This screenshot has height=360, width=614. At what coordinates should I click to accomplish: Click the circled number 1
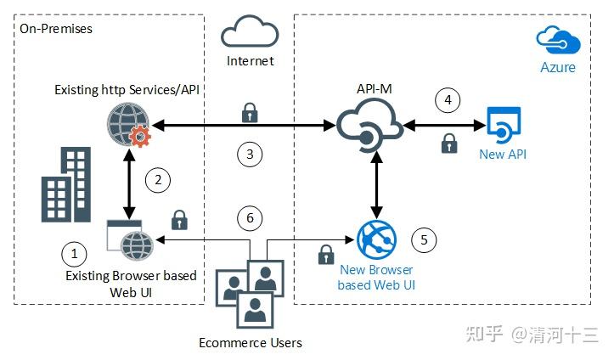pyautogui.click(x=75, y=252)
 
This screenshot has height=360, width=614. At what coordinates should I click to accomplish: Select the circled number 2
pyautogui.click(x=157, y=179)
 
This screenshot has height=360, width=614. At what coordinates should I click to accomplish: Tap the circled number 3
pyautogui.click(x=249, y=154)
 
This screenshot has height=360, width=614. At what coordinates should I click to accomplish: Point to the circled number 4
pyautogui.click(x=448, y=100)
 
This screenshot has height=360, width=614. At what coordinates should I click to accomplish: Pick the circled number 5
pyautogui.click(x=425, y=239)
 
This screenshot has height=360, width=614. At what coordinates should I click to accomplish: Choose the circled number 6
pyautogui.click(x=249, y=218)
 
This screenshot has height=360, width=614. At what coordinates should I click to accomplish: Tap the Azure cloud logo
pyautogui.click(x=557, y=40)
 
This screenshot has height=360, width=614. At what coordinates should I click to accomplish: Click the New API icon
pyautogui.click(x=503, y=124)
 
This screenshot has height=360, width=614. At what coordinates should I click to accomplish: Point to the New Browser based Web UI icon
pyautogui.click(x=375, y=239)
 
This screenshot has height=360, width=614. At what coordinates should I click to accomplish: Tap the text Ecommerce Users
pyautogui.click(x=250, y=342)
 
